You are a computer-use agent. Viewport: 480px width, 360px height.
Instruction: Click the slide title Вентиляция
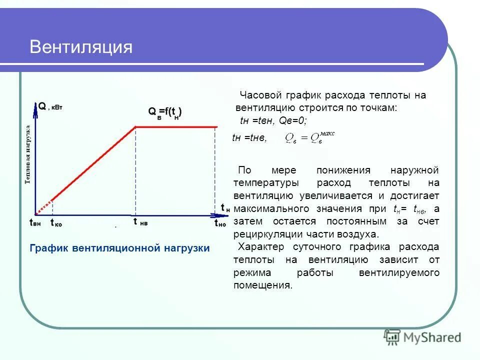coord(81,47)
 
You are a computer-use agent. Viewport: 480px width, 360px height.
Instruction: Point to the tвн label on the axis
coord(35,223)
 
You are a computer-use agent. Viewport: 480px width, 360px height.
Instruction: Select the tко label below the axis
coord(56,224)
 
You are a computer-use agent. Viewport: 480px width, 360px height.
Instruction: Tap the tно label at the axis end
coord(220,223)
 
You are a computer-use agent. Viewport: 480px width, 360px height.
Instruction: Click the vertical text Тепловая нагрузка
coord(28,154)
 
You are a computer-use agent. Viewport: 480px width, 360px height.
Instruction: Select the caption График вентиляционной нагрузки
coord(120,248)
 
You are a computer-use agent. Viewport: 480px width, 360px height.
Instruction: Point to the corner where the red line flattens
coord(136,126)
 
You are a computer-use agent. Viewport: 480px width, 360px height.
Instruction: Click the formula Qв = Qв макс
coord(308,137)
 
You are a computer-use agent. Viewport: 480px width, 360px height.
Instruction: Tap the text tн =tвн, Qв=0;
coord(273,121)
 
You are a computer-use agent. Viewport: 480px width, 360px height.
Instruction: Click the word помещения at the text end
coord(261,286)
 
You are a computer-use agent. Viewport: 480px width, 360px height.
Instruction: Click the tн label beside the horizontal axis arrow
coord(225,207)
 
